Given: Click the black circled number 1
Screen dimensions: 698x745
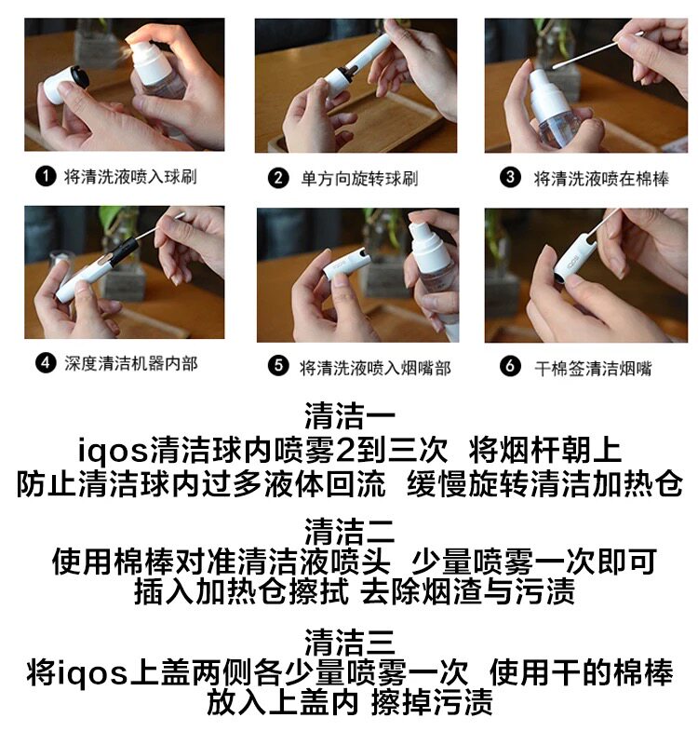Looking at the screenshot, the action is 46,177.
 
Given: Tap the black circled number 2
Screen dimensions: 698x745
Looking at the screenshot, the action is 278,179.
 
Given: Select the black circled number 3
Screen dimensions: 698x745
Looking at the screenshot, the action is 510,178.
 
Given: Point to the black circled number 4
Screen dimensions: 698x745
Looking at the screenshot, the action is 46,363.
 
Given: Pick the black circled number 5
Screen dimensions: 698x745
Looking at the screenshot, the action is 278,366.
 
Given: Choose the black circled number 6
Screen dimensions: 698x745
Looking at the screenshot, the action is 510,366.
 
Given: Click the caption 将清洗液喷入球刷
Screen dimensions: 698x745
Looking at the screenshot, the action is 130,177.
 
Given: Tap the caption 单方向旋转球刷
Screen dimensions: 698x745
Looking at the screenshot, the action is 359,179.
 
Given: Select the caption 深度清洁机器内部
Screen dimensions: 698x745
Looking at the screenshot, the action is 131,364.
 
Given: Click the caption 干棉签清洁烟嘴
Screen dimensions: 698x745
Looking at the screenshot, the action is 593,368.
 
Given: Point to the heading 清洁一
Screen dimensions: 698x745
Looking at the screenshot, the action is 350,415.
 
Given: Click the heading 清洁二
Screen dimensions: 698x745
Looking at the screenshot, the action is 350,531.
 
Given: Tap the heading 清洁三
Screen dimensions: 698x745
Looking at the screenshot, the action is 350,643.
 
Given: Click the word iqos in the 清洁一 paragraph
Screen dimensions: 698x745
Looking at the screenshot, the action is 114,451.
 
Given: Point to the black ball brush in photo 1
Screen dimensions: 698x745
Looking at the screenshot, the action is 78,77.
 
